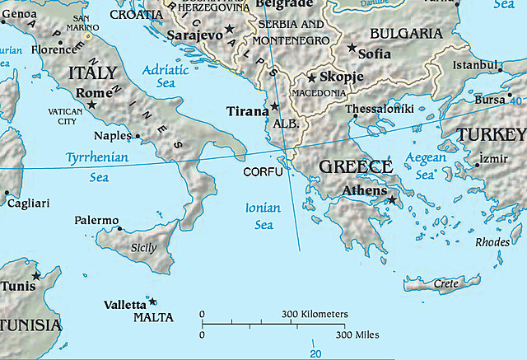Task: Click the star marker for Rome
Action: click(x=91, y=105)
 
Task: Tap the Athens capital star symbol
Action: click(x=393, y=199)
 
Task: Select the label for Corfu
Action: click(x=263, y=172)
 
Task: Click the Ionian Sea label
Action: click(x=263, y=216)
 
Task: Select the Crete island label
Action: click(x=445, y=284)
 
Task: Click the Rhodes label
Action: click(x=492, y=241)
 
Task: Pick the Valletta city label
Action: click(x=124, y=304)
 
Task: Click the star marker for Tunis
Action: click(x=36, y=276)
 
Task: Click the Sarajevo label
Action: click(x=194, y=35)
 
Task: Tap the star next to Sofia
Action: click(x=352, y=49)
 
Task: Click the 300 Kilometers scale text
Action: click(x=315, y=315)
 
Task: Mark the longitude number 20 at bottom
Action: click(x=315, y=353)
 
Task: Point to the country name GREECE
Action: click(x=355, y=167)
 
